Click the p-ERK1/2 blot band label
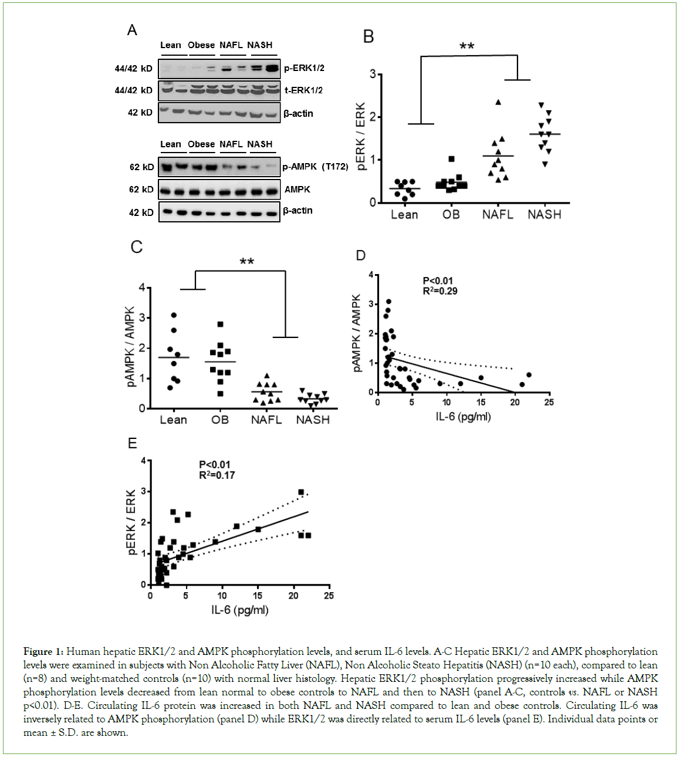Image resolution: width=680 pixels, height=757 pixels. pos(304,68)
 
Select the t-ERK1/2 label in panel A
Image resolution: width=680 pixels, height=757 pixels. pos(303,90)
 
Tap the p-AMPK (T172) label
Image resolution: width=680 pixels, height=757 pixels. pos(315,167)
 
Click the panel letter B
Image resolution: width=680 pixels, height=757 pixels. pos(368,37)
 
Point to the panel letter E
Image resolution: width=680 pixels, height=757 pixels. pos(133,444)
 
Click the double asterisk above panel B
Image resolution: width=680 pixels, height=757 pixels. pos(467,46)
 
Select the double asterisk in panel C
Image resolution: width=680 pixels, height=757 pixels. pos(247,262)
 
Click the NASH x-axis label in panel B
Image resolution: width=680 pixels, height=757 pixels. pos(544,215)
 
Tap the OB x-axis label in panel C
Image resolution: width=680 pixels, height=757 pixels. pos(220,420)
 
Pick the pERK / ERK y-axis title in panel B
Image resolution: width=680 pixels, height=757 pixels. pos(361,137)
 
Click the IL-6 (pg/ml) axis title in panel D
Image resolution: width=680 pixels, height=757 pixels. pos(463,417)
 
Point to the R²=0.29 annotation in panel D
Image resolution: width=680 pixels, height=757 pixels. pos(440,291)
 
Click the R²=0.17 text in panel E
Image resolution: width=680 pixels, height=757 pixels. pos(216,475)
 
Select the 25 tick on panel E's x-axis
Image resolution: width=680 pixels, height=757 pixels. pos(329,596)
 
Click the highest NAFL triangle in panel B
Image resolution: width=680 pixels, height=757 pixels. pos(498,102)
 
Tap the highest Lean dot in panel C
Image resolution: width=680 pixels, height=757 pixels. pos(174,316)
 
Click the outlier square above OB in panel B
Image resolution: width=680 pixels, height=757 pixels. pos(451,159)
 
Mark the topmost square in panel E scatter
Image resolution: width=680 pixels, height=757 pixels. pos(301,492)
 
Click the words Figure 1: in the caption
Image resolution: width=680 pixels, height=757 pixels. pos(43,651)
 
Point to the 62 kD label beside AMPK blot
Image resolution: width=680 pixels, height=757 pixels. pos(141,190)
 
